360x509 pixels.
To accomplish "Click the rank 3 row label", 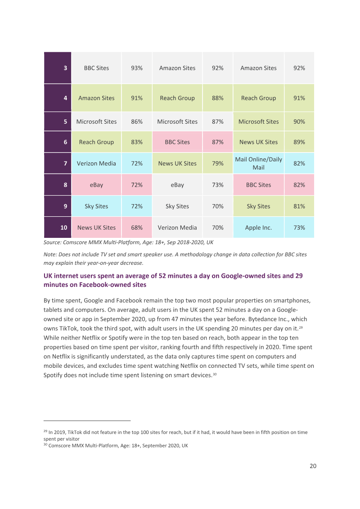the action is [58, 68].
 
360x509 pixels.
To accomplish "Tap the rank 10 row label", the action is [58, 228].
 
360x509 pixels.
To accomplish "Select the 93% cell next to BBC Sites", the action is [137, 68].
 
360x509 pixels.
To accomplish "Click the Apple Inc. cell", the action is [259, 228].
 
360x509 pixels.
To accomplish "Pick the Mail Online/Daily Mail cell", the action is [259, 163].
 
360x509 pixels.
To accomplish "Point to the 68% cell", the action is [137, 228].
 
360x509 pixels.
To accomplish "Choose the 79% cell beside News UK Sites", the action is [218, 163].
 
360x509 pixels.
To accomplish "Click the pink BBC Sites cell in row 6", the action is [177, 142].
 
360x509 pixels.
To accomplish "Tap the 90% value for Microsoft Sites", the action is [299, 121].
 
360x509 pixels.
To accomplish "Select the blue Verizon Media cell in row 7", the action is [96, 163].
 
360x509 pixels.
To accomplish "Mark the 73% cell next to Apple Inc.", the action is [299, 228].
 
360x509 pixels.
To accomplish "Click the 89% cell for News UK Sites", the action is [299, 142].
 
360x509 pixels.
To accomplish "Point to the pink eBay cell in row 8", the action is [96, 185].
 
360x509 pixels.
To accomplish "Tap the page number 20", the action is [313, 466].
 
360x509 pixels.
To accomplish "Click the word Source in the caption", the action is [52, 242].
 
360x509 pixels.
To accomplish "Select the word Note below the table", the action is [50, 254].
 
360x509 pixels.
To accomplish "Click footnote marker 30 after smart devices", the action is [215, 374].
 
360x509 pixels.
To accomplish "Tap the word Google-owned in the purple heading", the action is [241, 276].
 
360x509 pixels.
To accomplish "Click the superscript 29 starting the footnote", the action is [45, 431].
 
